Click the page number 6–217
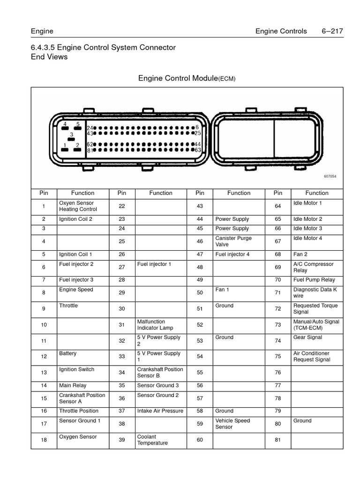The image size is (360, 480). click(x=332, y=31)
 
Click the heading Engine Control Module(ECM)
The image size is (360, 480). click(x=187, y=78)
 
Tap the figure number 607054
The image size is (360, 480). click(x=330, y=177)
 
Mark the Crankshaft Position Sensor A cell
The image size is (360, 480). click(x=82, y=398)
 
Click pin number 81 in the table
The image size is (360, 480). click(x=278, y=440)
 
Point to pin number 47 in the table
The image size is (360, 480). click(x=200, y=254)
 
